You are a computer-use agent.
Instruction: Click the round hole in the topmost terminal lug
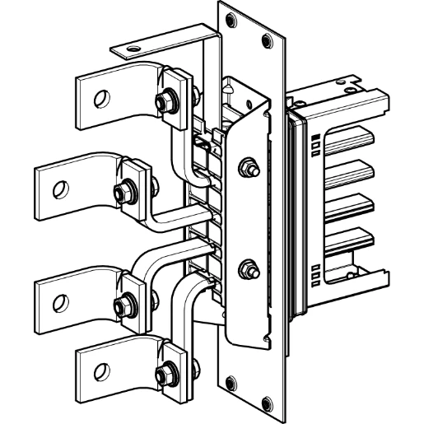pyautogui.click(x=100, y=100)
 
